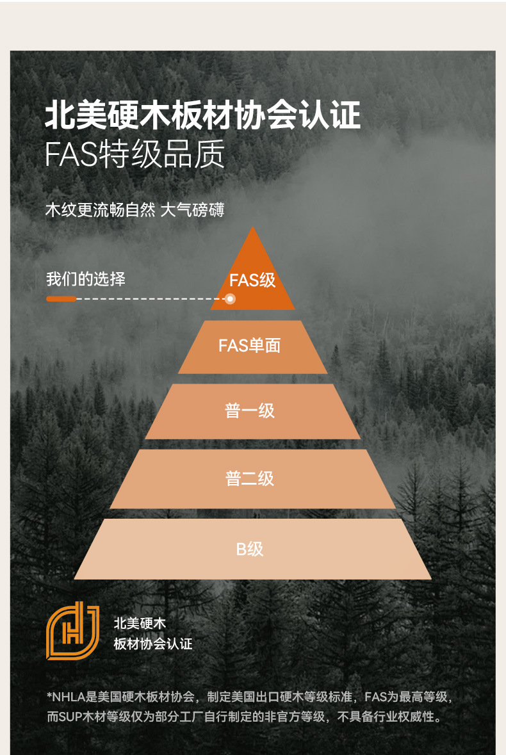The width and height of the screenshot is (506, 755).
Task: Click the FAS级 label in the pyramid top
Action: pos(252,280)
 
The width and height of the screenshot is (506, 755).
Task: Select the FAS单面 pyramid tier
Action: pos(250,346)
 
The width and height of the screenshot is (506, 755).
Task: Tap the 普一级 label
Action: pos(250,410)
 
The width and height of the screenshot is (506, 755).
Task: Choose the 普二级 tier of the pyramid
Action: pos(250,478)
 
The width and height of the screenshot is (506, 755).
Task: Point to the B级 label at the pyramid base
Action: pos(250,549)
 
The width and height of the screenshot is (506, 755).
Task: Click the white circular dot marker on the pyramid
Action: pos(230,299)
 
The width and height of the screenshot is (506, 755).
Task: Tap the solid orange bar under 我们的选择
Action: pos(61,299)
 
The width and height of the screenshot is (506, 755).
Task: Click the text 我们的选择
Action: pos(86,279)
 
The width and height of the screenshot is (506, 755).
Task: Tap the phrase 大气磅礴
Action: pos(192,210)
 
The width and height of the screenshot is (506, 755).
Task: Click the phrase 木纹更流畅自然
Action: pos(101,210)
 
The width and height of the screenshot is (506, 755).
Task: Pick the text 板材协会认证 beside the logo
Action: pos(152,644)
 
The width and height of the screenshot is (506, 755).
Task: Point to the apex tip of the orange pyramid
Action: pos(253,229)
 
